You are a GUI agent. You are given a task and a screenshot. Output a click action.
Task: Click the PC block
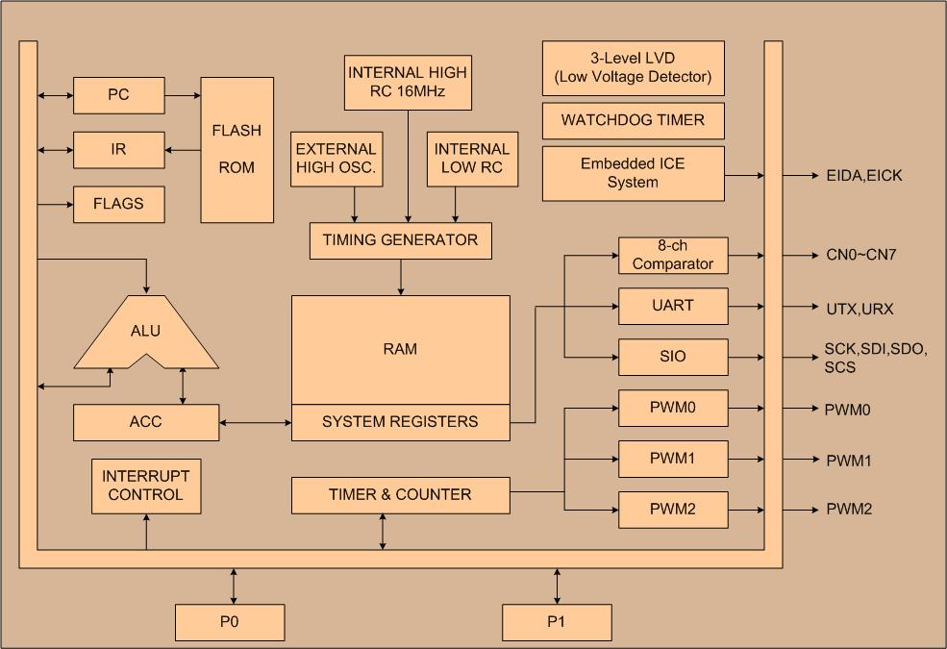[119, 95]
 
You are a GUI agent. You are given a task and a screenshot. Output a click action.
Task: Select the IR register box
[119, 150]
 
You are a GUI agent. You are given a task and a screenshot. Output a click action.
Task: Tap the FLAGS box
[119, 204]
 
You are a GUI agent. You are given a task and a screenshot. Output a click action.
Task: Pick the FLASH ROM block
[237, 149]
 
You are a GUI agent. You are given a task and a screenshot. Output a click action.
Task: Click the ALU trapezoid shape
[146, 332]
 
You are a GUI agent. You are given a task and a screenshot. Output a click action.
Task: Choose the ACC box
[146, 421]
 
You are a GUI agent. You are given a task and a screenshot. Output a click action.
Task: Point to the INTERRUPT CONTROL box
[146, 486]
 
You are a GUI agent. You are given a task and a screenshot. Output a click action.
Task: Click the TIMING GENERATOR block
[400, 240]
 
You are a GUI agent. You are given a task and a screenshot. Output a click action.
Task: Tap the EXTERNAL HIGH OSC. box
[336, 159]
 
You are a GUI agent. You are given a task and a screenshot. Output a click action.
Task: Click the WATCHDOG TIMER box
[633, 121]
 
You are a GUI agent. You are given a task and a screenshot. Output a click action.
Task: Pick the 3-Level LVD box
[633, 67]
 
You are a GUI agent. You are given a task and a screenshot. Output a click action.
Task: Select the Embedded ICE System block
[633, 173]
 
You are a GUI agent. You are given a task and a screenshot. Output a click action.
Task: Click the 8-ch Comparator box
[673, 255]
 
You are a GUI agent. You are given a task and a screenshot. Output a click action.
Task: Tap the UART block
[673, 306]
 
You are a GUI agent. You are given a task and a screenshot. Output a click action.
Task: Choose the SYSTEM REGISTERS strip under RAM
[400, 422]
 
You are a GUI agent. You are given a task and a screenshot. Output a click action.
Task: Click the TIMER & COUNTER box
[400, 495]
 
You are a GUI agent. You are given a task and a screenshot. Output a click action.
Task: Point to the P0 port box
[230, 622]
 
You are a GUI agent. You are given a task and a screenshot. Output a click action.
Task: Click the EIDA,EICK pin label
[864, 176]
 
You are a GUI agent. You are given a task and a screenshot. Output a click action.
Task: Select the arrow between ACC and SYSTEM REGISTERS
[255, 421]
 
